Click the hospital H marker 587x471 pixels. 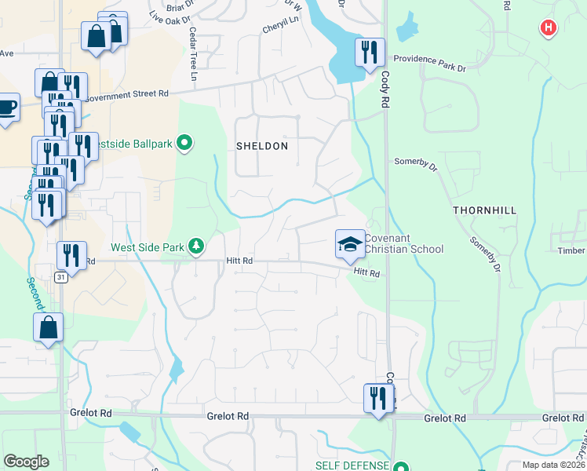548,29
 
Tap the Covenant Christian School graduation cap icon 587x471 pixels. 350,243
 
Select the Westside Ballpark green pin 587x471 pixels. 184,143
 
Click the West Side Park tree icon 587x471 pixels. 196,247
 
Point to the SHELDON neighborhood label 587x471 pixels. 262,146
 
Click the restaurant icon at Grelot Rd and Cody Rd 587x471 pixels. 379,398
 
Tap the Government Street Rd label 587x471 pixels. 126,96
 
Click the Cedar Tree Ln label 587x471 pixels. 192,55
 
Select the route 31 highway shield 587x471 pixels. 61,277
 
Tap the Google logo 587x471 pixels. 26,461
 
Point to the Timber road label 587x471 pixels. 571,250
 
